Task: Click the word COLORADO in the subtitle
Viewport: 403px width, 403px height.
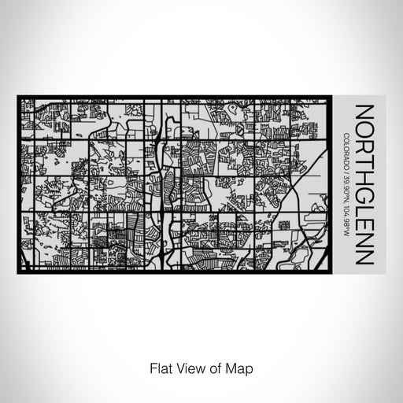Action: [x=347, y=150]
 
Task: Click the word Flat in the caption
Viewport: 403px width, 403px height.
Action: [x=157, y=368]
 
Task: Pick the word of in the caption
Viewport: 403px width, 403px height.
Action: [x=213, y=368]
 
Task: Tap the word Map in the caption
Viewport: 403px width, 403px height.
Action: [x=237, y=368]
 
